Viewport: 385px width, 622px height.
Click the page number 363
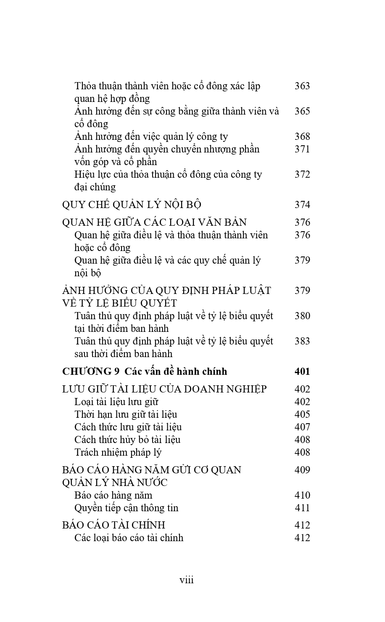coord(302,86)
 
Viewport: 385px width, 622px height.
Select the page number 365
coord(302,111)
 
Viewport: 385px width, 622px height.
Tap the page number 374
coord(302,205)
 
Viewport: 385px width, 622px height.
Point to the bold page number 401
coord(302,371)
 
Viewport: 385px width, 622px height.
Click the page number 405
coord(302,414)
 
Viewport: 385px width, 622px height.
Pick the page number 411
coord(302,508)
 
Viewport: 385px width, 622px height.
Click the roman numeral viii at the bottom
coord(187,580)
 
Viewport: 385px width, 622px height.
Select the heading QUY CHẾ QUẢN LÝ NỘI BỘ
coord(132,205)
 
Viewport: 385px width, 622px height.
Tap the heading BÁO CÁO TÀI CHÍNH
coord(113,525)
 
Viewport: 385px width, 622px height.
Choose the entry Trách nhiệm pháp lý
coord(118,452)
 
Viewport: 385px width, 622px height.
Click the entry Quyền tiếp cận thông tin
coord(126,508)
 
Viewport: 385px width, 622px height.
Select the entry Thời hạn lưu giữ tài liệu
coord(126,414)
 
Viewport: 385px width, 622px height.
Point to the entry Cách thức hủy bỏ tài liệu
coord(127,440)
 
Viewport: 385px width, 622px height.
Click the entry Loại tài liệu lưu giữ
coord(116,402)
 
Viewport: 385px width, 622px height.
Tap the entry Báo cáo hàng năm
coord(113,495)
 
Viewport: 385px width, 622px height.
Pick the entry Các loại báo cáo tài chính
coord(129,538)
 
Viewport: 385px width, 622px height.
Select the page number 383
coord(302,341)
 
